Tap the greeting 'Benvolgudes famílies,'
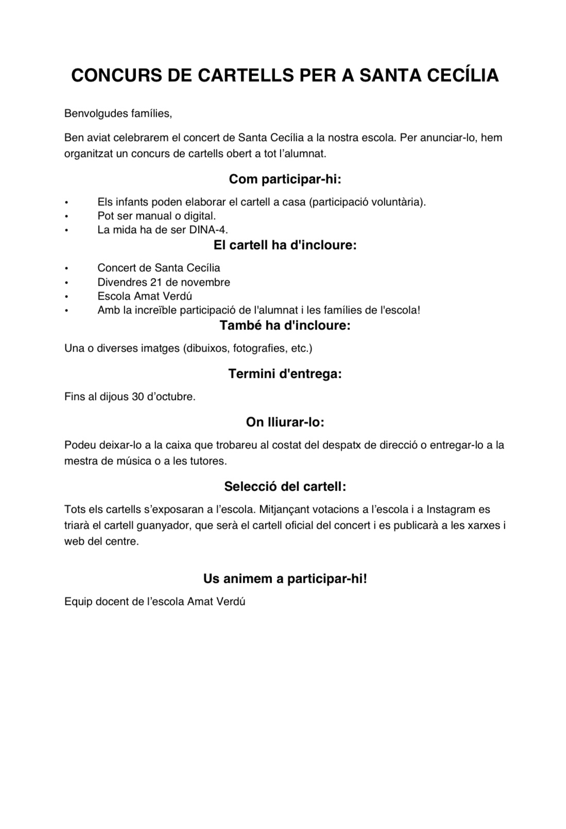[x=118, y=113]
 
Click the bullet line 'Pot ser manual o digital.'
[x=157, y=216]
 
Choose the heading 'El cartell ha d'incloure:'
[x=285, y=245]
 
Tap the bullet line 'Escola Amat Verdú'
[x=145, y=296]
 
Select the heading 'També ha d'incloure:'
[x=285, y=325]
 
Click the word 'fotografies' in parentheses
[x=259, y=348]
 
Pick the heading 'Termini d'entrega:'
[x=285, y=374]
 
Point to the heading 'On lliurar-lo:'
[x=285, y=422]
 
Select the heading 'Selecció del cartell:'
[x=285, y=486]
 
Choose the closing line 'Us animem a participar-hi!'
[x=285, y=578]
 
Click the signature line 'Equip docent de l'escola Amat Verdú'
[x=155, y=601]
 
